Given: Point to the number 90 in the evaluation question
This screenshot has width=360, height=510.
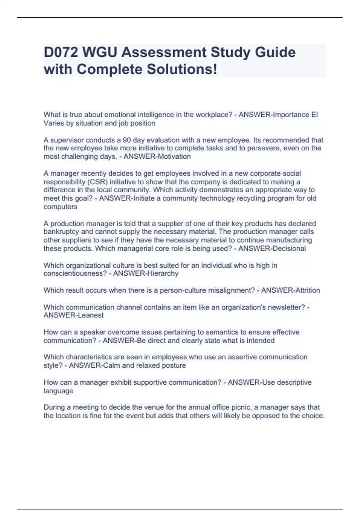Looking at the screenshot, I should click(127, 140).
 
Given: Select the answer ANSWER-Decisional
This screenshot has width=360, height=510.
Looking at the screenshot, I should click(272, 249).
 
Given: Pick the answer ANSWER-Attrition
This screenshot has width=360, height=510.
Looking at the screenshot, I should click(290, 290).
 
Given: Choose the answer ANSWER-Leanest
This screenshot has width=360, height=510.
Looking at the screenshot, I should click(73, 315).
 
